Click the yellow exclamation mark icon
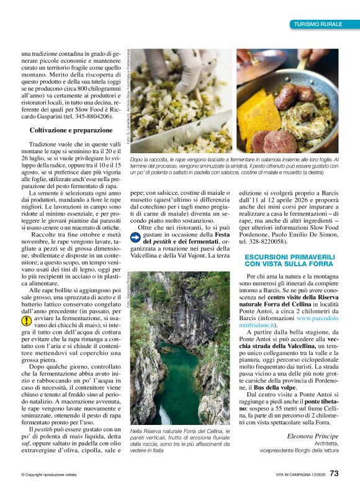coord(25,321)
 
